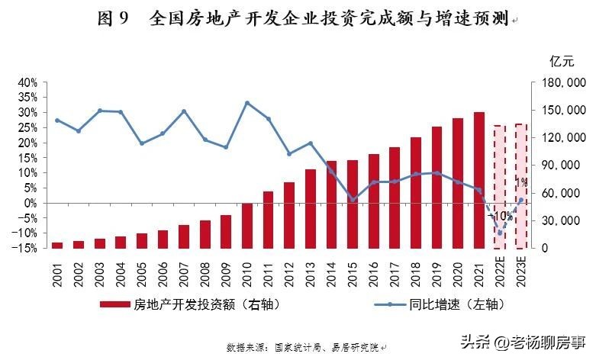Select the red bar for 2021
tap(478, 180)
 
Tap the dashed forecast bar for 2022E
tap(500, 187)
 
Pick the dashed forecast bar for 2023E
tap(520, 186)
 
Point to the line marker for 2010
tap(247, 103)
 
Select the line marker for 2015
tap(353, 200)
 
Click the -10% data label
tap(500, 216)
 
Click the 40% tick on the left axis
tap(27, 82)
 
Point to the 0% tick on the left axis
tap(30, 204)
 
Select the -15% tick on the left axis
tap(25, 249)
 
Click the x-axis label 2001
tap(57, 272)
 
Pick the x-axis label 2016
tap(374, 272)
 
